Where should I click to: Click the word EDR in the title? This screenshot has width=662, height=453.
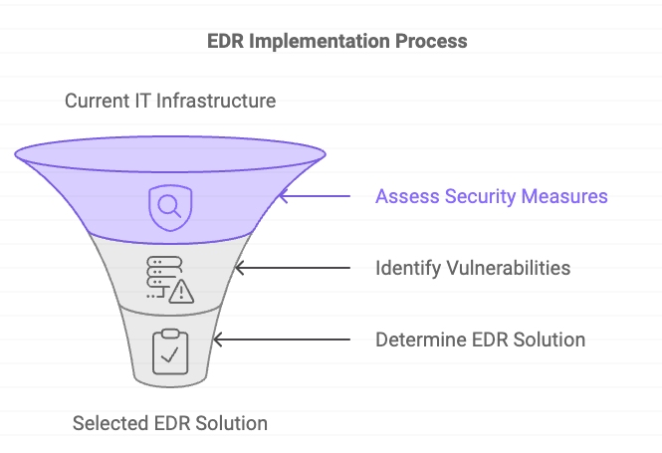click(225, 42)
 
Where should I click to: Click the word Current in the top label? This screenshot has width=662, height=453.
click(95, 101)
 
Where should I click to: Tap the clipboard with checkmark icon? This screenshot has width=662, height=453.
click(168, 350)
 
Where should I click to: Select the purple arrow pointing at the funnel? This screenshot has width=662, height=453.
click(315, 196)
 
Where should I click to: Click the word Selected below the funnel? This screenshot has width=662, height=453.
click(109, 423)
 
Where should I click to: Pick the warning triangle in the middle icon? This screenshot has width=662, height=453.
click(181, 292)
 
